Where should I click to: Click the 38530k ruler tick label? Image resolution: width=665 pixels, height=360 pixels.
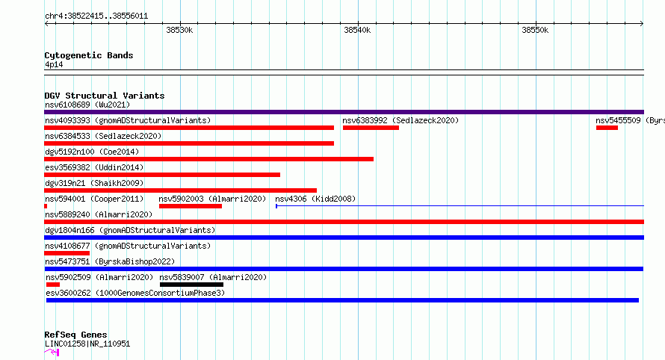tap(179, 30)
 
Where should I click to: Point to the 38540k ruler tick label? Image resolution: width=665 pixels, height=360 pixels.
tap(357, 30)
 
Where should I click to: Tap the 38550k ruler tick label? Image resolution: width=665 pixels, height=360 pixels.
tap(535, 30)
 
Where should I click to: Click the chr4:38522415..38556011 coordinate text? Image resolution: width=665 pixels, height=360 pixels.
tap(96, 16)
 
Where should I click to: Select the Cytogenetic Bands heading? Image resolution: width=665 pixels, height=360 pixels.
tap(89, 55)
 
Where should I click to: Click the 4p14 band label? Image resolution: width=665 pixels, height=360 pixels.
tap(54, 64)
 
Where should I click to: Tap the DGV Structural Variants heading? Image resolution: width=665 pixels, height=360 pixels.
tap(105, 96)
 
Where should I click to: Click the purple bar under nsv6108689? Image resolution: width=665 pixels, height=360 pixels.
tap(344, 112)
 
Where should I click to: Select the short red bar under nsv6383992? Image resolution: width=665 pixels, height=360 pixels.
tap(371, 128)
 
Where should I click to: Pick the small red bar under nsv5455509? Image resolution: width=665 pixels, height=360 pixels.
tap(607, 128)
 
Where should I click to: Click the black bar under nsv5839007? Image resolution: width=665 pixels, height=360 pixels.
tap(191, 285)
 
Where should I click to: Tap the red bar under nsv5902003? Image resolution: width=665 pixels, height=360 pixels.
tap(191, 206)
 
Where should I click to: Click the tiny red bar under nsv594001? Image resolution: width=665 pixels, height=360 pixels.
tap(46, 206)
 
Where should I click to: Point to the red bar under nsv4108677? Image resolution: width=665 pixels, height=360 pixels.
tap(66, 253)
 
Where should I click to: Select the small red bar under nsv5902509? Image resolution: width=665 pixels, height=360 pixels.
tap(53, 285)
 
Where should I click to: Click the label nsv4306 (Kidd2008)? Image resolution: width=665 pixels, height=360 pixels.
tap(315, 199)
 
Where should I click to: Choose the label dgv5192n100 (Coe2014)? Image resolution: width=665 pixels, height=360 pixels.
tap(92, 152)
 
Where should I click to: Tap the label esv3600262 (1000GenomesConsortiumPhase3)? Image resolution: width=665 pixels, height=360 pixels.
tap(135, 293)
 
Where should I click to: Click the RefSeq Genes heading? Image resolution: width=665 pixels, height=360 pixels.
tap(75, 335)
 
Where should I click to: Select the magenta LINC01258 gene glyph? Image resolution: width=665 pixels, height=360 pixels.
tap(52, 352)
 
